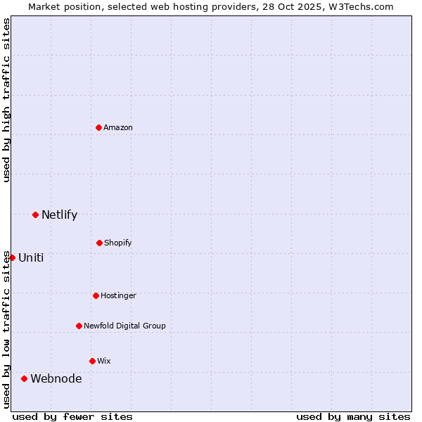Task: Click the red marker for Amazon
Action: click(98, 127)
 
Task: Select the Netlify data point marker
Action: click(35, 215)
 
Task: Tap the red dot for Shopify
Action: click(99, 243)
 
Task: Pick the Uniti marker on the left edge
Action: click(12, 257)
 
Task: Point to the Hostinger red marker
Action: click(96, 295)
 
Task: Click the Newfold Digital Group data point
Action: click(79, 326)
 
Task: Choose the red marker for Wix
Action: click(92, 361)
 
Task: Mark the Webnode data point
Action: click(24, 378)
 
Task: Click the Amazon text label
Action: click(118, 127)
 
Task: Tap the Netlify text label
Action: click(59, 215)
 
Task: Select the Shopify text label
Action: click(118, 243)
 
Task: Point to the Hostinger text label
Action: click(118, 295)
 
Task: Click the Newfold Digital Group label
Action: click(124, 326)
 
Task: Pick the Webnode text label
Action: click(56, 378)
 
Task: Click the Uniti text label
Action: click(31, 257)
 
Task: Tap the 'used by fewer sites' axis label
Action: click(72, 416)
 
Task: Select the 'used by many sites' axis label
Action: click(353, 416)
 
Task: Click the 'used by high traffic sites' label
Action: click(6, 100)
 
